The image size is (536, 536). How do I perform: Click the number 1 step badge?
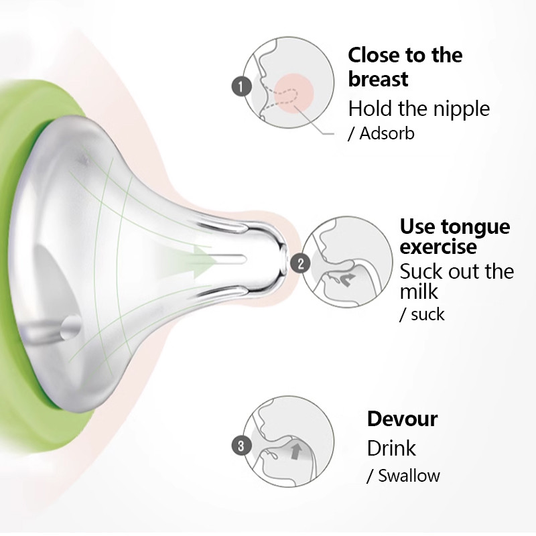click(x=241, y=86)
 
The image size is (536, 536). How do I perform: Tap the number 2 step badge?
click(x=300, y=263)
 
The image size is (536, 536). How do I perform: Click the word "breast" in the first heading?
click(x=378, y=79)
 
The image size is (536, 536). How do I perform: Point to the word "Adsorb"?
click(x=387, y=133)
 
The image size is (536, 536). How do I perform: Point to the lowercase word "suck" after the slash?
click(x=427, y=314)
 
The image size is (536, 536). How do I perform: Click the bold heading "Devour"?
click(x=402, y=419)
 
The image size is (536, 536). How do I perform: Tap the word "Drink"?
click(x=391, y=448)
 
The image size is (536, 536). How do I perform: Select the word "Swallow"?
click(x=409, y=476)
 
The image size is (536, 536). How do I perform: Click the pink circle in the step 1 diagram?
click(x=294, y=93)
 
